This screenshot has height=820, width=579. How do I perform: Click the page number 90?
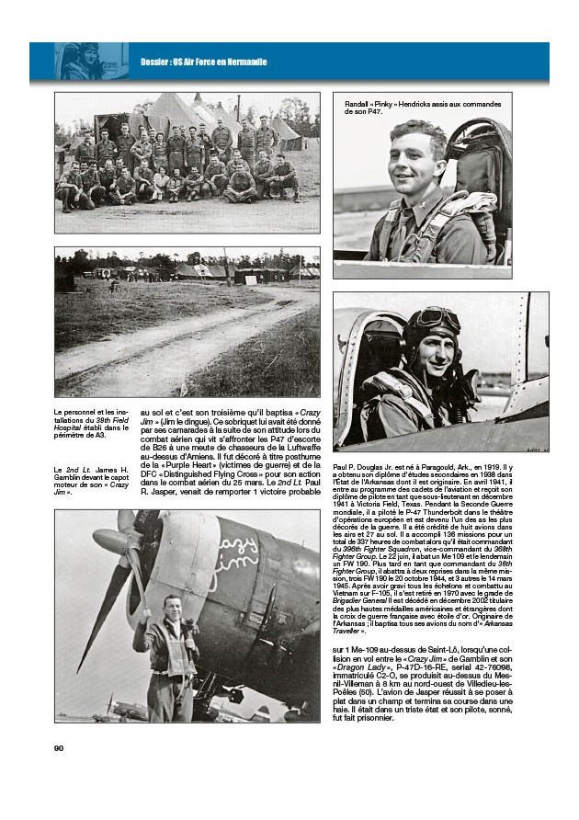60,746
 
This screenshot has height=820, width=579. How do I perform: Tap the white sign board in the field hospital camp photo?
103,272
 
